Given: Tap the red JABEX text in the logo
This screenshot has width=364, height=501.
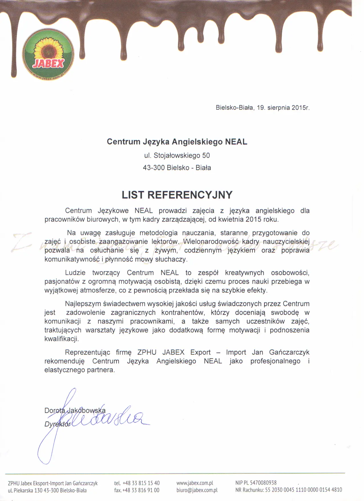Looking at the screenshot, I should [48, 63].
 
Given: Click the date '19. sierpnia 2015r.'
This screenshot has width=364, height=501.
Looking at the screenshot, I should [283, 108].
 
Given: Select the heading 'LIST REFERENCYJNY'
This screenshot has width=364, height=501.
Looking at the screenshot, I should [177, 195].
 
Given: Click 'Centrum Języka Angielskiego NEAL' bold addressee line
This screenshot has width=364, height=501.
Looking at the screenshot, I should [177, 142].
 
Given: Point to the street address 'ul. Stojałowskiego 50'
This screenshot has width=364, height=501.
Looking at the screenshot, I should [177, 155].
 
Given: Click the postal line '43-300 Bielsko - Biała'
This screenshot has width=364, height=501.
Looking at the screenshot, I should [177, 168].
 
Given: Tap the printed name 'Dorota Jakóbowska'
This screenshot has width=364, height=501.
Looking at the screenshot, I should [75, 411].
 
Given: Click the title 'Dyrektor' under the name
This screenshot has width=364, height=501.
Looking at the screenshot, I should [57, 424].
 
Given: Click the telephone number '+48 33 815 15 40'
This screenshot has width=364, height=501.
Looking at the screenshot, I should [141, 483].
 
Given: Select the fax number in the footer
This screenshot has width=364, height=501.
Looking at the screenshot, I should [141, 490].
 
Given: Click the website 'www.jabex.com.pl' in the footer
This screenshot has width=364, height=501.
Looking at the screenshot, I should [195, 483].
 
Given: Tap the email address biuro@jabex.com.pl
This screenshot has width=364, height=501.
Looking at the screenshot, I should [197, 490].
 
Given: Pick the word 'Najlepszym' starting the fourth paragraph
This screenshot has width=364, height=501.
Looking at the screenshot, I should [83, 304].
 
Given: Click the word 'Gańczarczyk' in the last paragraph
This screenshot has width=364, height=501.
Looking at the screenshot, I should [289, 352].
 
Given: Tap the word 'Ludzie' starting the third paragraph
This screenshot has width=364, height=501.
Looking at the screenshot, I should [75, 273].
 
